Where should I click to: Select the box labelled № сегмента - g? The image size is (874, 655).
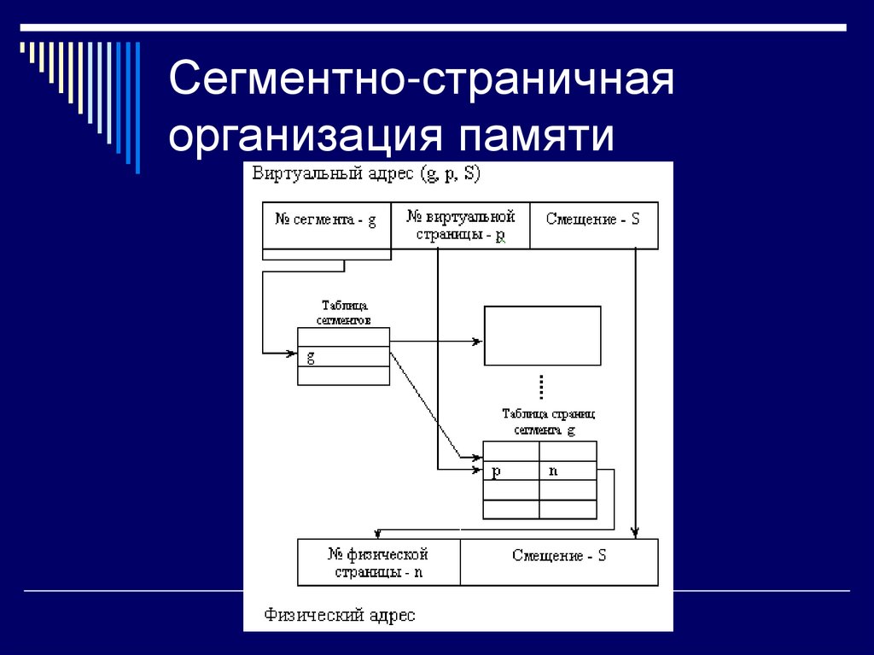coord(326,225)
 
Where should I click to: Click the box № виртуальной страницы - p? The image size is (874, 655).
coord(460,225)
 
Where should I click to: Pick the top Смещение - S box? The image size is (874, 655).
coord(593,225)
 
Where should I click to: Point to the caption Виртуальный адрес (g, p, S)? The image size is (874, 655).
coord(366,173)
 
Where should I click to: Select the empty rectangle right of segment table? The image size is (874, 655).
coord(542,336)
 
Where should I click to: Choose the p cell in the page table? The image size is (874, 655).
coord(510,471)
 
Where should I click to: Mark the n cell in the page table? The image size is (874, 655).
coord(568,471)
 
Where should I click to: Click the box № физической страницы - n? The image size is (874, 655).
coord(378,563)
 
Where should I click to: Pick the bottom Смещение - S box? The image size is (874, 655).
coord(559,562)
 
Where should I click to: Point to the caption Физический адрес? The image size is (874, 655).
coord(340,615)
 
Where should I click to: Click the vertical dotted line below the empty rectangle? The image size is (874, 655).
coord(542,386)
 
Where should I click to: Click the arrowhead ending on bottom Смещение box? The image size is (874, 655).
coord(637,534)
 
